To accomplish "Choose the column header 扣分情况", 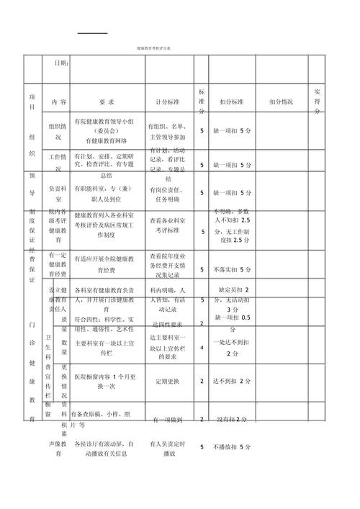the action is tap(282, 102).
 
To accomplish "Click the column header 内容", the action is tap(59, 102).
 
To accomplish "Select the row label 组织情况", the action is tap(59, 131).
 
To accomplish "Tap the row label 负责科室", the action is tap(59, 194).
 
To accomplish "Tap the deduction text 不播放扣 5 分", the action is tap(233, 448).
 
